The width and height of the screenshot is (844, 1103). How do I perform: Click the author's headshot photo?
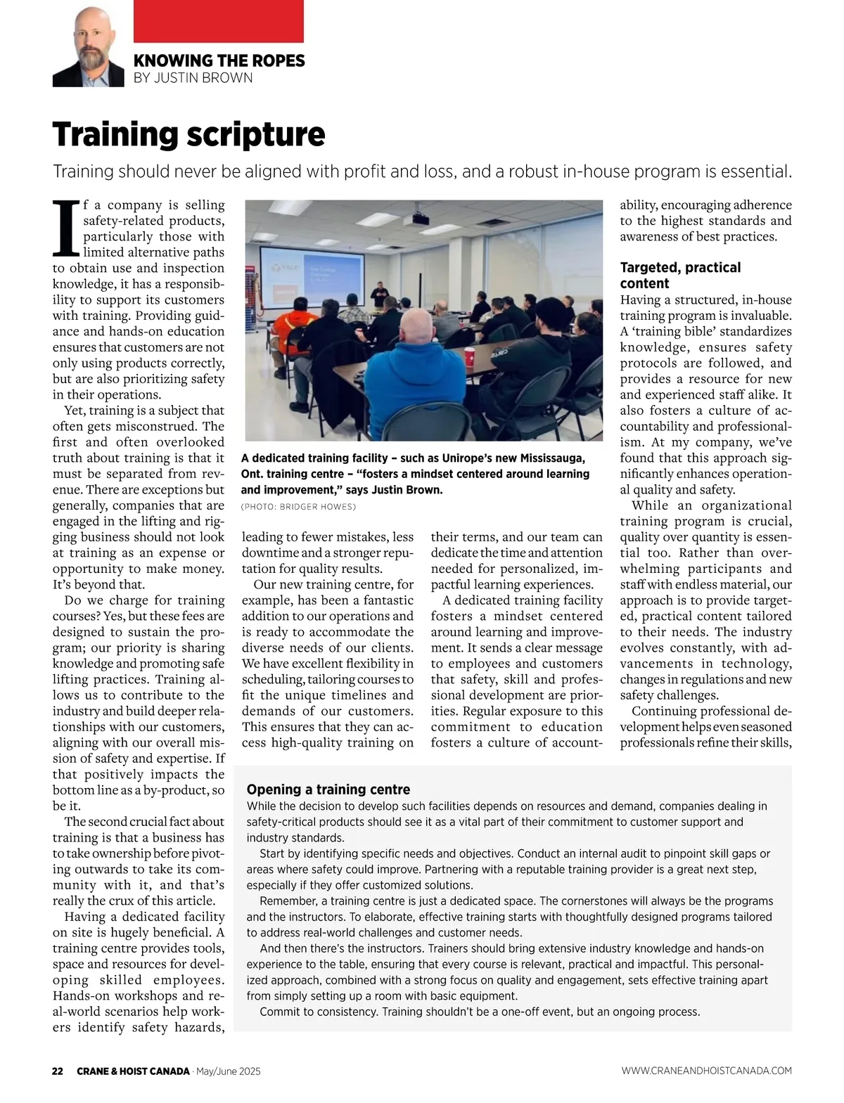88,47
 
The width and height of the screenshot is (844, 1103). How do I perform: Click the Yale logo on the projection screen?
285,268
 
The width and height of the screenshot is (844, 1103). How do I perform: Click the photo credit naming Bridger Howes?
298,507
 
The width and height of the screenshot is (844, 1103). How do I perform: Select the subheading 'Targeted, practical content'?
680,276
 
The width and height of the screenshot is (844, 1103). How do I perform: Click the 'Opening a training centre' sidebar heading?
328,789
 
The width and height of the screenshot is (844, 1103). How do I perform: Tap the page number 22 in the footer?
58,1071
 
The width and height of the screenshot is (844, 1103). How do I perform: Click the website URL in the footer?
706,1071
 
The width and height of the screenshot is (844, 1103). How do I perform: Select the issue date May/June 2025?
229,1071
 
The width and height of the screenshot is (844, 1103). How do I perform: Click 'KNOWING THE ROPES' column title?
219,60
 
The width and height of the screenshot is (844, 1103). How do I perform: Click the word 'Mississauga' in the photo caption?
550,458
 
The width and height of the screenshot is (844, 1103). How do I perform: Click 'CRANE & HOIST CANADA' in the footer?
133,1071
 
